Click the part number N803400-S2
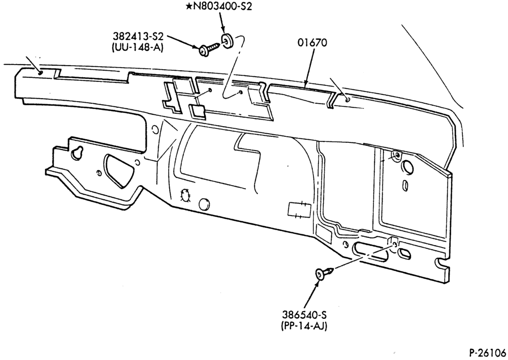click(223, 7)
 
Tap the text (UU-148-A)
click(137, 47)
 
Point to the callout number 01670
click(312, 43)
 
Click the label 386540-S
click(304, 315)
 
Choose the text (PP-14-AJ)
click(304, 325)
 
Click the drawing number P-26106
click(488, 352)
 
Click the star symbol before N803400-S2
click(189, 7)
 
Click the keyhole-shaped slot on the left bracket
click(77, 153)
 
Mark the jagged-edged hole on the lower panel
click(185, 195)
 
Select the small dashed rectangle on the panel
click(299, 210)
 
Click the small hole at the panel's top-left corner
click(40, 72)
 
